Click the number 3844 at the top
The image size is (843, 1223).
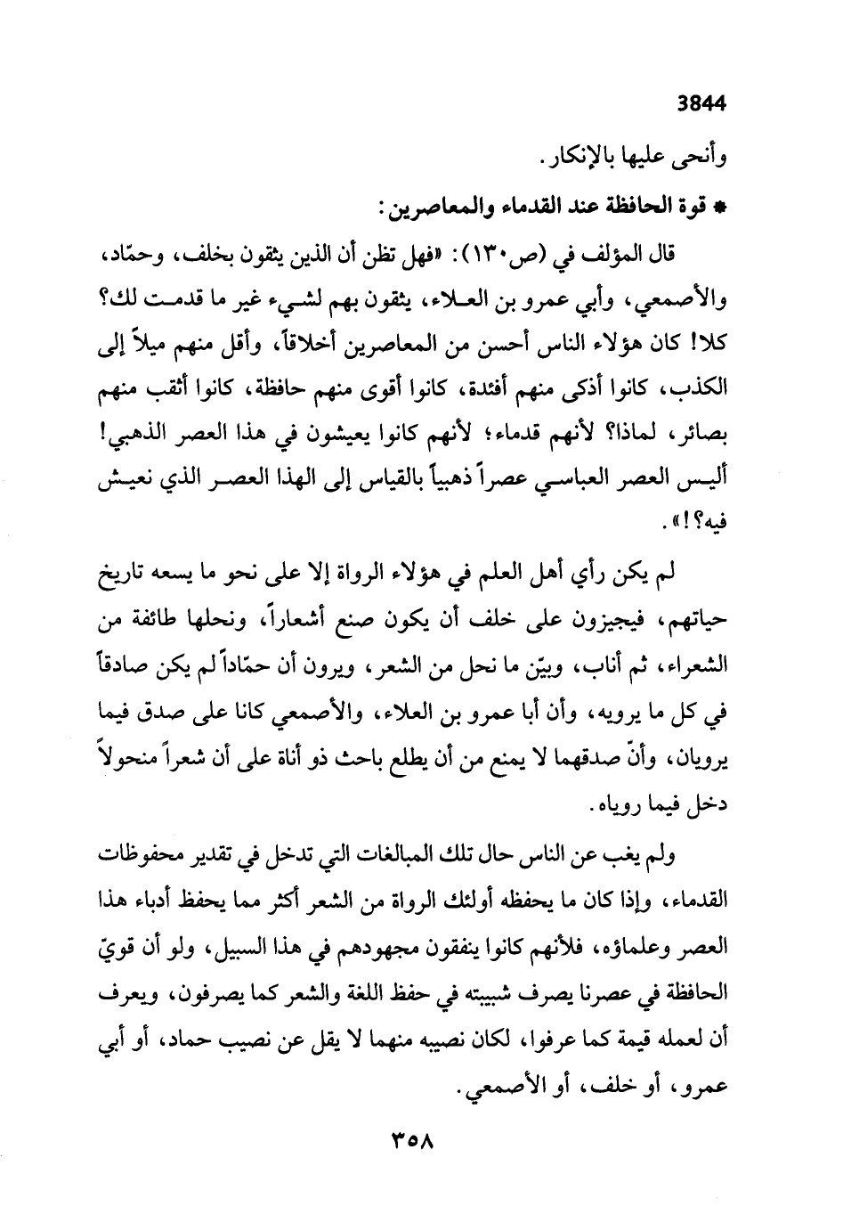point(701,102)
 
